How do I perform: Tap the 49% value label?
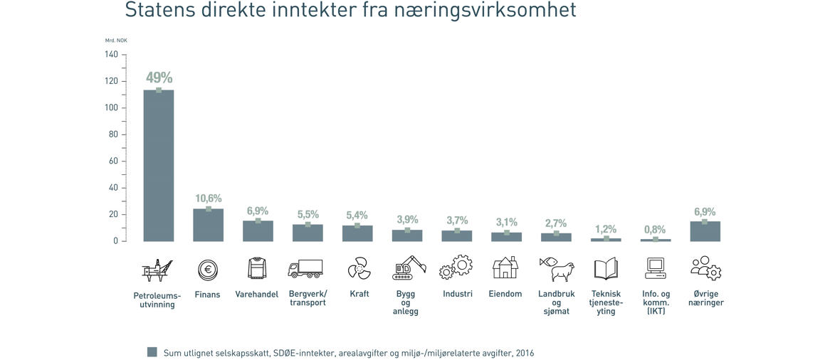(x=159, y=78)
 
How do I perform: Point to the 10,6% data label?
(x=209, y=198)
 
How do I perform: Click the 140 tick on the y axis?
(x=111, y=55)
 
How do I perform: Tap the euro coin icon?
(x=208, y=270)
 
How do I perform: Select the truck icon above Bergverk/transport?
(x=305, y=269)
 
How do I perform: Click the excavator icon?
(x=409, y=268)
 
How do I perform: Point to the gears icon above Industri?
(x=456, y=268)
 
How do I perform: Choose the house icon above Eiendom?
(x=505, y=268)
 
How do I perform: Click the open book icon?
(x=606, y=269)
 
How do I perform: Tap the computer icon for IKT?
(x=656, y=268)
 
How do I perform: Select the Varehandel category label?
(x=257, y=295)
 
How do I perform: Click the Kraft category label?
(x=359, y=294)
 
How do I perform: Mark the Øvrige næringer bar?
(x=705, y=232)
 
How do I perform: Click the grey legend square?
(x=152, y=352)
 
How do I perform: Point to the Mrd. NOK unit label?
(x=116, y=41)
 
